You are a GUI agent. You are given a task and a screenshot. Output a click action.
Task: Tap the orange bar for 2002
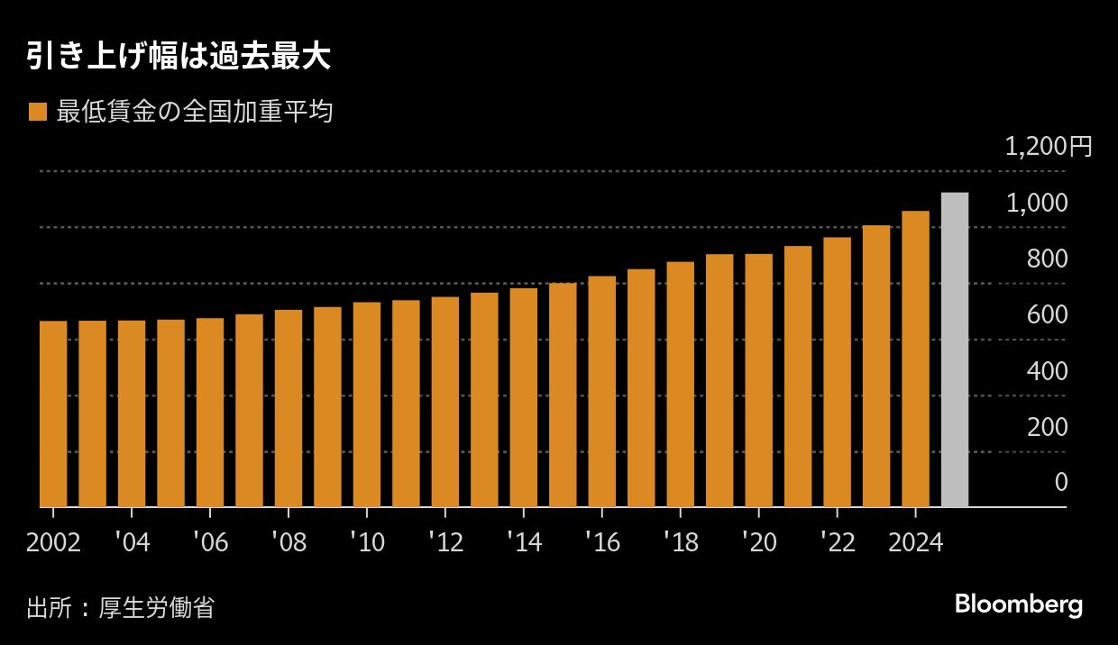pyautogui.click(x=53, y=413)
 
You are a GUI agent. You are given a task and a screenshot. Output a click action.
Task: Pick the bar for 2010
pyautogui.click(x=367, y=404)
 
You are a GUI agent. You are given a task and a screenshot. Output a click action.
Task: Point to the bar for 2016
pyautogui.click(x=601, y=391)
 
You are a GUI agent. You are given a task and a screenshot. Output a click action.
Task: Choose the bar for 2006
pyautogui.click(x=210, y=413)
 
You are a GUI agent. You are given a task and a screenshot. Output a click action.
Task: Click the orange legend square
pyautogui.click(x=37, y=112)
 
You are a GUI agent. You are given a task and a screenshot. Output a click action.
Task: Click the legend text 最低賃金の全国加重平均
pyautogui.click(x=195, y=112)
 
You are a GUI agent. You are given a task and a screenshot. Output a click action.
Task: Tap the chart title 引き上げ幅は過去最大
pyautogui.click(x=179, y=58)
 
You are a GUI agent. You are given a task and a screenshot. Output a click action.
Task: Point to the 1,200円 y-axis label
pyautogui.click(x=1048, y=146)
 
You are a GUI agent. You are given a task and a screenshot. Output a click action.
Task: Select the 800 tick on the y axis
pyautogui.click(x=1048, y=259)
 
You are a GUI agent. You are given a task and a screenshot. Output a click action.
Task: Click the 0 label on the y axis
pyautogui.click(x=1061, y=482)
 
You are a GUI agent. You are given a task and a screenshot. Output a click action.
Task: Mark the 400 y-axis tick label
pyautogui.click(x=1048, y=370)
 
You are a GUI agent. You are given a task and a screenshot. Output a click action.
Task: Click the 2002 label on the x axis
pyautogui.click(x=53, y=542)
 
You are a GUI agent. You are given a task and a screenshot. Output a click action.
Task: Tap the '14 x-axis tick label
pyautogui.click(x=524, y=542)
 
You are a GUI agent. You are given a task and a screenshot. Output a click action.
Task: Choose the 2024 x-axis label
pyautogui.click(x=915, y=542)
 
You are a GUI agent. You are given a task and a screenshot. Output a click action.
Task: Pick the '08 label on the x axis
pyautogui.click(x=289, y=542)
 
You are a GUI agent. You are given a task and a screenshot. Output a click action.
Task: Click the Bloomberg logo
pyautogui.click(x=1018, y=604)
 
